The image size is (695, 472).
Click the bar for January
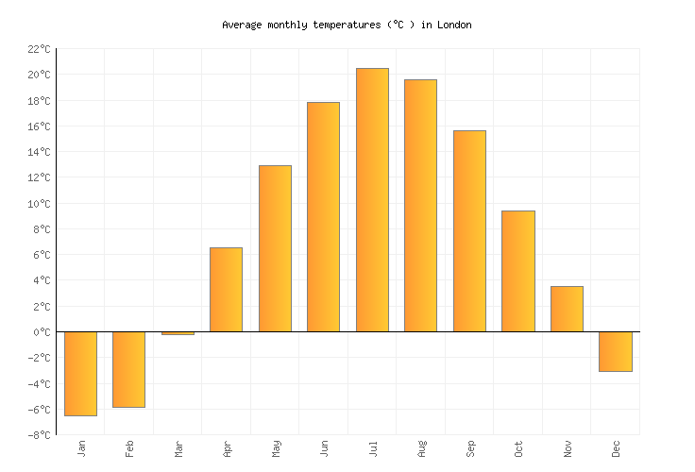80,374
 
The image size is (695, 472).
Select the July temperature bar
372,200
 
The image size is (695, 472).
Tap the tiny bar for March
178,333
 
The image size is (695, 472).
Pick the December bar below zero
616,351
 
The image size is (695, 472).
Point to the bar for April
226,290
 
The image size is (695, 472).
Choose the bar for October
518,271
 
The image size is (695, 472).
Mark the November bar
567,309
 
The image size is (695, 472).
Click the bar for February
129,369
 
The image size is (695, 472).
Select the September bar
469,231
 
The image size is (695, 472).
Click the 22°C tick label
39,49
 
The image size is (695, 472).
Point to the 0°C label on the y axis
42,332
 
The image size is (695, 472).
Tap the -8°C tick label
39,435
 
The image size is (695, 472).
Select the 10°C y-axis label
39,203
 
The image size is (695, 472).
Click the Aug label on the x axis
421,448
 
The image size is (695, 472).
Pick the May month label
276,448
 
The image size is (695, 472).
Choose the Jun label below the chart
324,448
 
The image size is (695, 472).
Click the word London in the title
454,25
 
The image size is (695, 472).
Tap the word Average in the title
242,25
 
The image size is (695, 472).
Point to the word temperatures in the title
347,25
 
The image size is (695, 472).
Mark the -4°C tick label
39,383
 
